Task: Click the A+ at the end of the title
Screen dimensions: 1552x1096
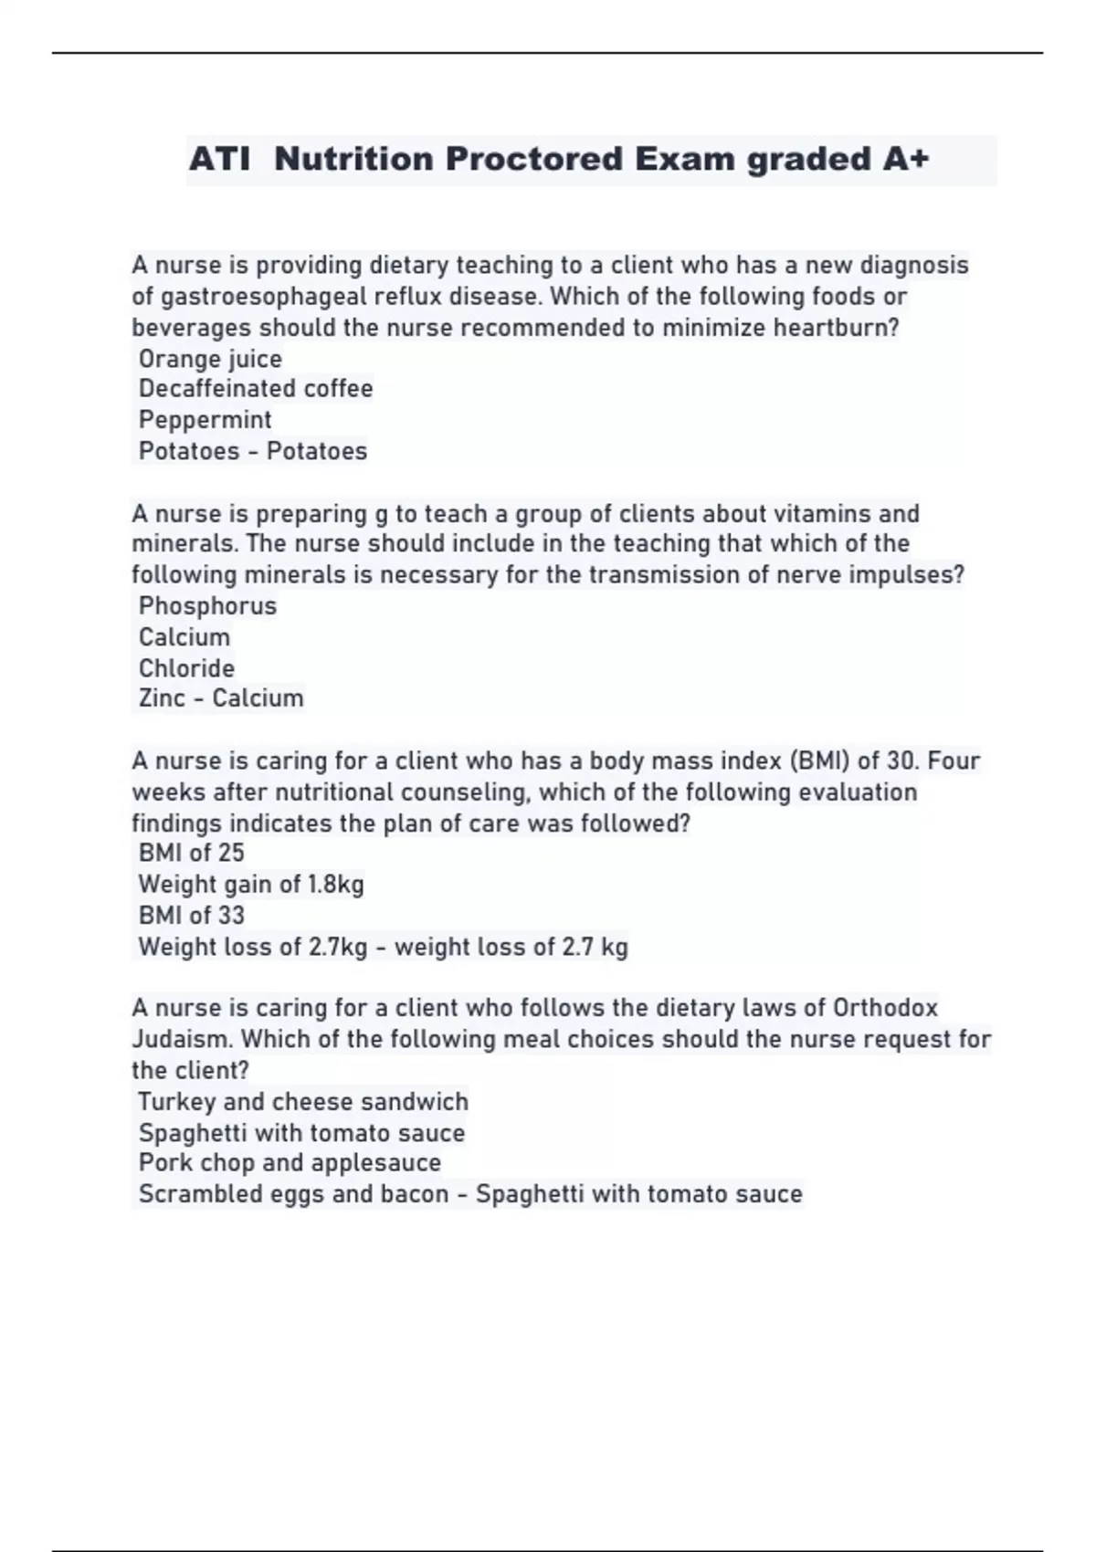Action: (x=906, y=160)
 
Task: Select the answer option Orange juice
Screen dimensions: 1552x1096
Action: (x=210, y=359)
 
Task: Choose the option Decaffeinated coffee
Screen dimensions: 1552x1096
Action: (x=256, y=389)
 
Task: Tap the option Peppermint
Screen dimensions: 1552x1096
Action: (x=205, y=420)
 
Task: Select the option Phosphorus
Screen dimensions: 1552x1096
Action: (x=207, y=606)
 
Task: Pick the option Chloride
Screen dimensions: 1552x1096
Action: (x=186, y=668)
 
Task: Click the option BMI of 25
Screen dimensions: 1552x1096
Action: (x=191, y=854)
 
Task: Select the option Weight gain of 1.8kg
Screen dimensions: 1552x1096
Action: (x=251, y=885)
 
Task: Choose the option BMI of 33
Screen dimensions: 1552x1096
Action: (x=191, y=916)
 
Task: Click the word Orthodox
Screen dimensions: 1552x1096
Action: (x=885, y=1008)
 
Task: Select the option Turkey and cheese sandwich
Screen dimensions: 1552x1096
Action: (x=303, y=1102)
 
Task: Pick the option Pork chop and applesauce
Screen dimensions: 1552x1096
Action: (x=290, y=1163)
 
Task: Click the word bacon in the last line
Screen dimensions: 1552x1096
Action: (x=415, y=1194)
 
